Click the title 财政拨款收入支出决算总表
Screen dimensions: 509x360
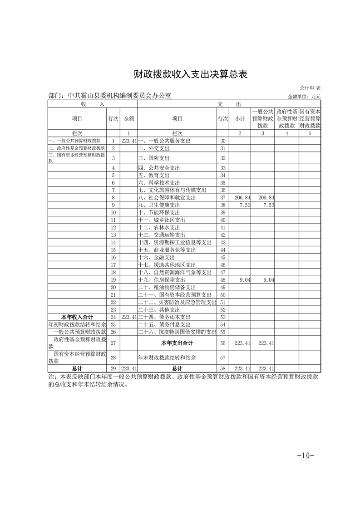point(184,74)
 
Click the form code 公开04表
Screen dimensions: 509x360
point(310,88)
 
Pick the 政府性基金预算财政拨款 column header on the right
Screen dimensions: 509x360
point(287,118)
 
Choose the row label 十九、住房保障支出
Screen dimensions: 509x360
point(162,280)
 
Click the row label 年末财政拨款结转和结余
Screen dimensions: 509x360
point(167,357)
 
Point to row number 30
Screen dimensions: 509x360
point(222,141)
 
